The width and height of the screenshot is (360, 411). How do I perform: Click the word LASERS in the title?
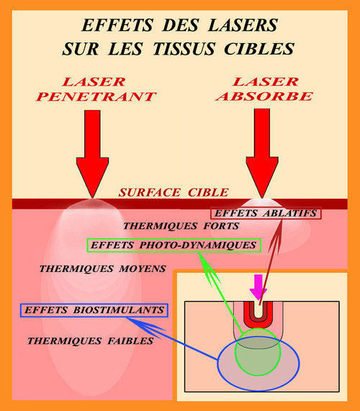point(243,25)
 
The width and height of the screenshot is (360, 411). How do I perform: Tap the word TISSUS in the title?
point(184,49)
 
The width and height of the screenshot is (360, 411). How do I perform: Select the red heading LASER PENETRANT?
point(96,89)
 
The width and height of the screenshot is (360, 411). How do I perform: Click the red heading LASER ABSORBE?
point(264,89)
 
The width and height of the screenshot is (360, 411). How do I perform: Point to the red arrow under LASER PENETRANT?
point(92,154)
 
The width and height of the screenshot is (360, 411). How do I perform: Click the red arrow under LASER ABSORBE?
point(262,153)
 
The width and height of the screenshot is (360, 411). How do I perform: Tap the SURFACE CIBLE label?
point(174,192)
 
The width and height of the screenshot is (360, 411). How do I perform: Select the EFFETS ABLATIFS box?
point(266,213)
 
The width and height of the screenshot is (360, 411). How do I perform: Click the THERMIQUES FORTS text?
point(181,226)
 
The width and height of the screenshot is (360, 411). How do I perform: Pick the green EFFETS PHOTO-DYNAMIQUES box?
point(174,245)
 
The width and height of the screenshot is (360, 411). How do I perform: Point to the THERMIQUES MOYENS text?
point(102,268)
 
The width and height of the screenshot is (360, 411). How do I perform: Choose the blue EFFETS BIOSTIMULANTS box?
point(94,310)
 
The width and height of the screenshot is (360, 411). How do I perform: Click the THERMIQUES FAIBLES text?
point(91,341)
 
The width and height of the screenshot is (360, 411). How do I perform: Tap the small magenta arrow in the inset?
point(258,287)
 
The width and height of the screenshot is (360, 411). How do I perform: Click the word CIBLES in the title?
point(259,49)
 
